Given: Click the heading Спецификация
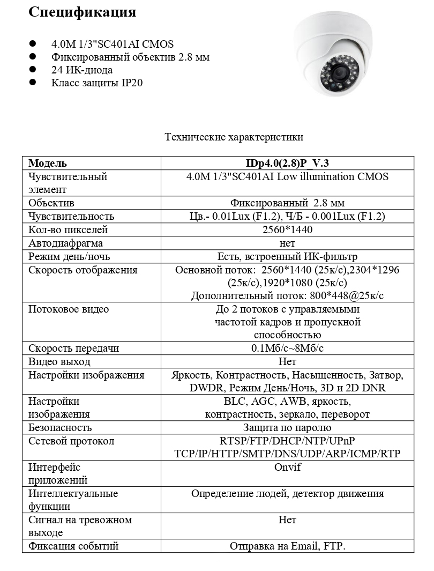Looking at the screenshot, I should [x=82, y=12].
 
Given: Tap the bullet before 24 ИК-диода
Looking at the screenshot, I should [x=33, y=70].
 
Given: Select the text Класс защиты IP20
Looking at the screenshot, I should [x=97, y=83].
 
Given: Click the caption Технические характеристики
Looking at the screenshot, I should [x=234, y=137].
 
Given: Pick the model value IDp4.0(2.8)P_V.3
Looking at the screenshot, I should [x=287, y=164].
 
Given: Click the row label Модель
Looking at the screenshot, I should [x=48, y=164].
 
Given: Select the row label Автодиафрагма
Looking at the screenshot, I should [x=65, y=243].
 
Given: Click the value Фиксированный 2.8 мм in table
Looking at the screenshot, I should [x=287, y=203].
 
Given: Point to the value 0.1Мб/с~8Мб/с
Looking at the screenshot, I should [x=287, y=348].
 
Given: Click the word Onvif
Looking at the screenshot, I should [x=287, y=468].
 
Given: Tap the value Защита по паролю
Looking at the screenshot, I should [x=287, y=428].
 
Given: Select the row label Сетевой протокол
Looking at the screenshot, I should [x=71, y=441].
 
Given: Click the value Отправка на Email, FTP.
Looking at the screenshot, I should [x=287, y=546].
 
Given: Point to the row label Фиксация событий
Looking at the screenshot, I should [x=73, y=546].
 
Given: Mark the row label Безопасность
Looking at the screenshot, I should [x=60, y=428].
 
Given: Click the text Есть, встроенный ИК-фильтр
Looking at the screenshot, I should [x=287, y=257].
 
